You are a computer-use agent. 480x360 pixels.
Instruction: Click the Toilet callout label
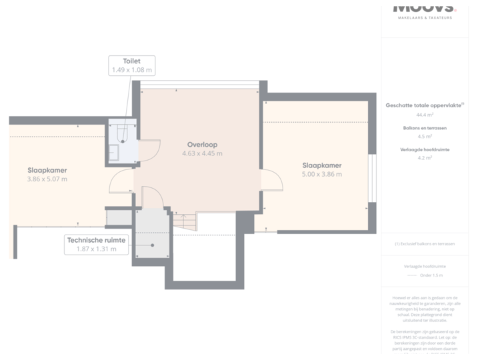[x=131, y=65]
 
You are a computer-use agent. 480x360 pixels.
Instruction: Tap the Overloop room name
[x=202, y=144]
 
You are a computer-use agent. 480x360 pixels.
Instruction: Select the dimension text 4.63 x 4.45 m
[x=202, y=153]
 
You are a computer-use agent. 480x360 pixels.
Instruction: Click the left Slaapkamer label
[x=47, y=170]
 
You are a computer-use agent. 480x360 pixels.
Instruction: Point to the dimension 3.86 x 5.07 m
[x=47, y=179]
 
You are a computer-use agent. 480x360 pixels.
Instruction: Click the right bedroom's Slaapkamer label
[x=322, y=165]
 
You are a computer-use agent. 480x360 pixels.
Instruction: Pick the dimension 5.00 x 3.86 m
[x=322, y=175]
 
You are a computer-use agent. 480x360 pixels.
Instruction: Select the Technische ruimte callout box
[x=95, y=245]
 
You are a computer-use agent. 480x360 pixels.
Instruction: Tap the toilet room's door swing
[x=148, y=150]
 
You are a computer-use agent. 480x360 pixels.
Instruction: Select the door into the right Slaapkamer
[x=271, y=181]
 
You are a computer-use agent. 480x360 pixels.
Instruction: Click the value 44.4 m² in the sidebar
[x=421, y=115]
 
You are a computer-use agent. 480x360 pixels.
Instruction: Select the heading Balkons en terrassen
[x=421, y=127]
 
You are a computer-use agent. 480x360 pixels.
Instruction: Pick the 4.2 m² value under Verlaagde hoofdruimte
[x=421, y=159]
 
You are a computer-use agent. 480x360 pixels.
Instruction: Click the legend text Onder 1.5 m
[x=431, y=275]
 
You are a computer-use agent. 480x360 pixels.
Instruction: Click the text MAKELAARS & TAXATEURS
[x=425, y=17]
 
